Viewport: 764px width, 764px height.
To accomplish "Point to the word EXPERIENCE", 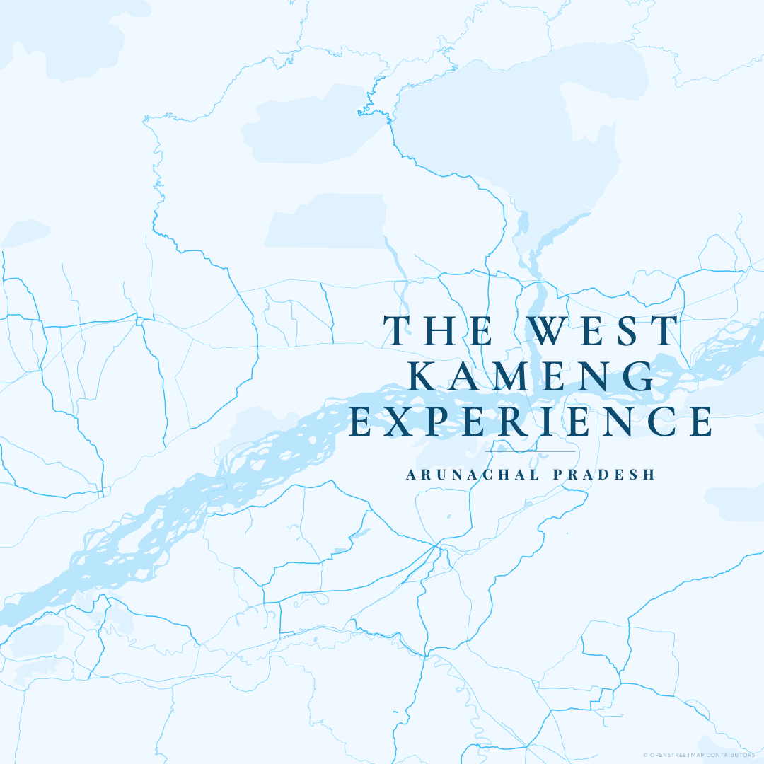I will [x=531, y=421].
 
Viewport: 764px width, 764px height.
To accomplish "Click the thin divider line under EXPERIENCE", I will [x=531, y=451].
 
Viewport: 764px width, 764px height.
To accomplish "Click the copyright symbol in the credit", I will [x=645, y=755].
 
